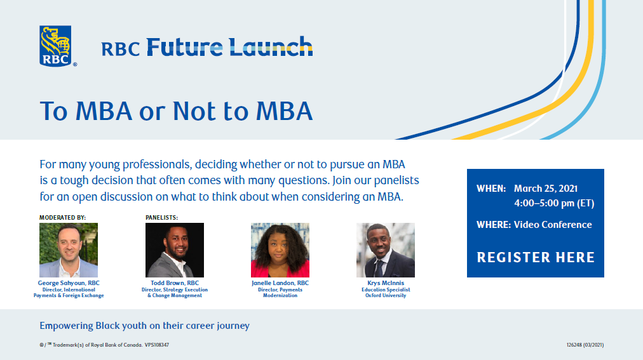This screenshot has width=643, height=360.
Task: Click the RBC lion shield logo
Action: [x=55, y=46]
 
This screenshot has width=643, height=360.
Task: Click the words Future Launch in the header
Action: [x=229, y=47]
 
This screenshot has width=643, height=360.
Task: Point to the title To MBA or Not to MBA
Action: [x=177, y=111]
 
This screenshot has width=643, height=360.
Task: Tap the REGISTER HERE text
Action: [x=536, y=257]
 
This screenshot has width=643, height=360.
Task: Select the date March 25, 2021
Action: [x=546, y=189]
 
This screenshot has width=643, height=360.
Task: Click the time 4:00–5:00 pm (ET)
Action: [x=554, y=203]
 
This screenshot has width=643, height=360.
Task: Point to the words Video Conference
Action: [x=553, y=224]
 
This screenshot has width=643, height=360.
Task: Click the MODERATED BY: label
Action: [x=62, y=218]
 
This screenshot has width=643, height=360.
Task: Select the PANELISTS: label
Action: [x=161, y=218]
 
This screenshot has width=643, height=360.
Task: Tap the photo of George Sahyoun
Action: [x=69, y=250]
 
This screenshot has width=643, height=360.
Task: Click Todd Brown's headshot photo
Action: [x=175, y=250]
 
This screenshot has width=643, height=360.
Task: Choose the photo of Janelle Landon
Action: [x=280, y=250]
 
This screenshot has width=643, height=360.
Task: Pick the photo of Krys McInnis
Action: [x=386, y=250]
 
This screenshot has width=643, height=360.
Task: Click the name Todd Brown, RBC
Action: [x=175, y=283]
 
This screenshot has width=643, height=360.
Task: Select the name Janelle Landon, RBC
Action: [x=280, y=283]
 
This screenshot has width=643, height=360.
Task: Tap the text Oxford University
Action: [x=386, y=295]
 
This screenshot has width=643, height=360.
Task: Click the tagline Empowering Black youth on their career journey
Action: [x=144, y=326]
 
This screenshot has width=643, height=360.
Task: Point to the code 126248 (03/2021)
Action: [x=585, y=345]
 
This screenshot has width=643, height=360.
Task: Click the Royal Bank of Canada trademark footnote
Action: [x=104, y=345]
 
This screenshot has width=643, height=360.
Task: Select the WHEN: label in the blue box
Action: [x=491, y=189]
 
